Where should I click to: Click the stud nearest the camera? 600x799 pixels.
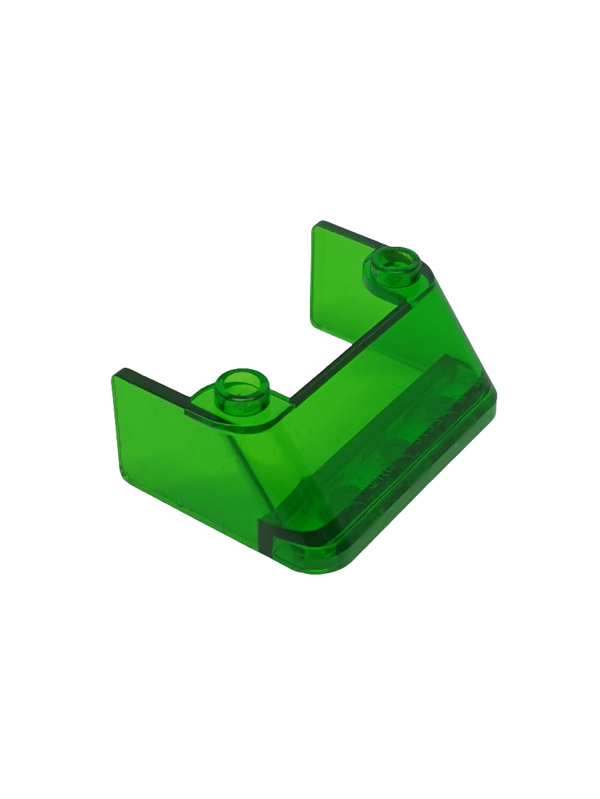[241, 393]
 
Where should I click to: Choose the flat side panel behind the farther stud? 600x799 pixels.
[342, 277]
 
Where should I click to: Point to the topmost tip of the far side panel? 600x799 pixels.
[318, 223]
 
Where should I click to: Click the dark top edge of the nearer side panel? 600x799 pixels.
[152, 388]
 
